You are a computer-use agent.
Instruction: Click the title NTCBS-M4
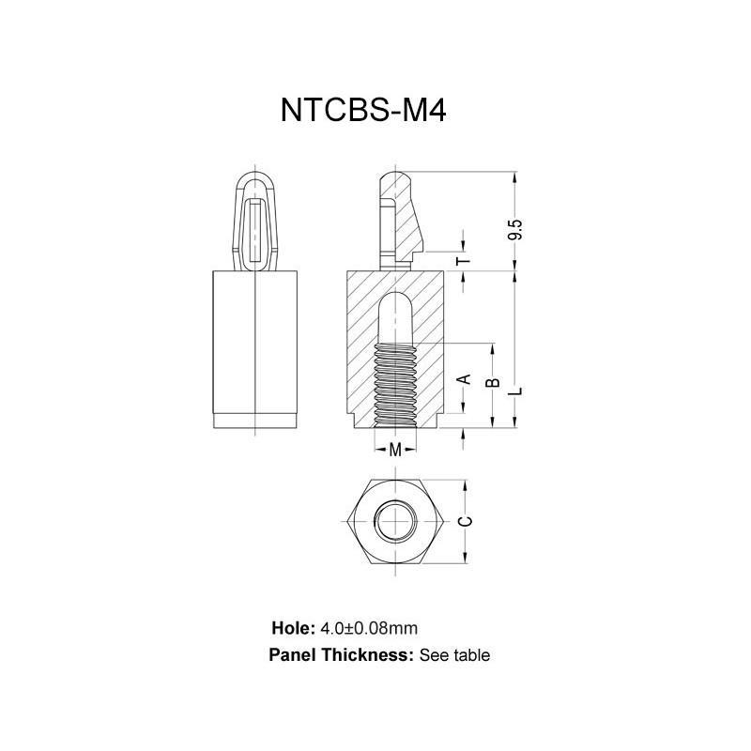(362, 111)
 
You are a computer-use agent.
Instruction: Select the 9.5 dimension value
(514, 229)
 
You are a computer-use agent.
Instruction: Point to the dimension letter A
(462, 378)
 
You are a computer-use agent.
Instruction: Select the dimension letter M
(395, 450)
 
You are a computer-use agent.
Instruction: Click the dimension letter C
(463, 521)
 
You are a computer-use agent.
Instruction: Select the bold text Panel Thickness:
(341, 655)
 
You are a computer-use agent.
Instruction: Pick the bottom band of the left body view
(255, 421)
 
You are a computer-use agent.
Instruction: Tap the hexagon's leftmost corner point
(348, 521)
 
